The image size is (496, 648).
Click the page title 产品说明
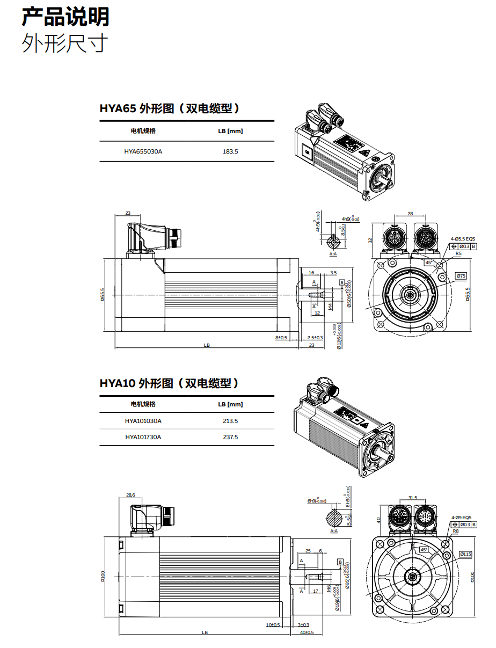coord(65,17)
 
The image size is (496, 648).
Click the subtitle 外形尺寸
coord(65,43)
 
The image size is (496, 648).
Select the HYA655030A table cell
coord(143,151)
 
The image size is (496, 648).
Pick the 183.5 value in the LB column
coord(230,151)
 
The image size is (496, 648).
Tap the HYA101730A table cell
coord(143,437)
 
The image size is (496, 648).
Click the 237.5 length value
coord(230,437)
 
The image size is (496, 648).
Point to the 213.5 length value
coord(230,421)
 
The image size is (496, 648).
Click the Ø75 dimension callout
coord(461,276)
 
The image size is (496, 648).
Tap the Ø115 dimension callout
coord(465,554)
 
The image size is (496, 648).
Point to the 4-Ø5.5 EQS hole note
coord(463,239)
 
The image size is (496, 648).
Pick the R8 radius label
coord(455,531)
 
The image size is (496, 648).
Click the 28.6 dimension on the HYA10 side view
coord(130,495)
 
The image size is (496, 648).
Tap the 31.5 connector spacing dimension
coord(412,498)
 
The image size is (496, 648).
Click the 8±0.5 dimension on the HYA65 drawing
coord(281,338)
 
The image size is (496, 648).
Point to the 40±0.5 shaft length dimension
coord(307,632)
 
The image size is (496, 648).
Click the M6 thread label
coord(329,589)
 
